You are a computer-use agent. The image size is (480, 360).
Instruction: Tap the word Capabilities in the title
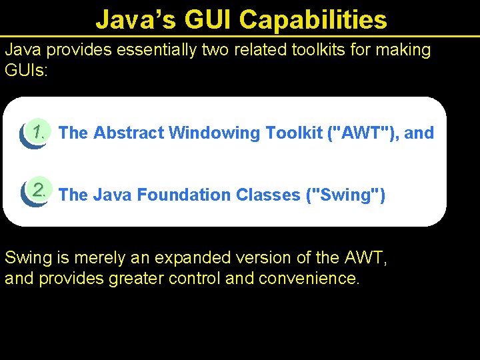313,20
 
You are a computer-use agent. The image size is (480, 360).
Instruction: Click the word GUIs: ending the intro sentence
27,71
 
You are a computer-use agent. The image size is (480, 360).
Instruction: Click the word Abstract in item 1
129,133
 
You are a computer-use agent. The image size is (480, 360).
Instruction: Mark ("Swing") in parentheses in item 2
345,195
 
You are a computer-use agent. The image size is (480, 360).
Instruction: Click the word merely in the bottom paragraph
96,257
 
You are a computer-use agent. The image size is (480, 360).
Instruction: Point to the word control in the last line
197,279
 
